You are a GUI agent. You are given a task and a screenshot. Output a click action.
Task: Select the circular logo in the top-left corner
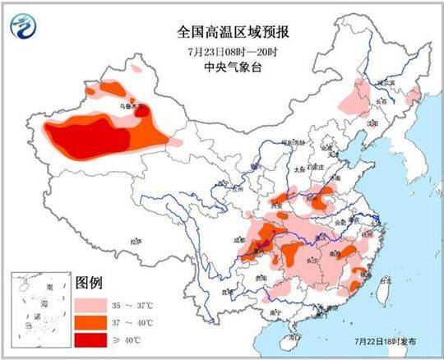coord(24,30)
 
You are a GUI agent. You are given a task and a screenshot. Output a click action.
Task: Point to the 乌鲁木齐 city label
coord(131,106)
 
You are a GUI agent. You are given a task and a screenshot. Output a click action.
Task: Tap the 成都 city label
coord(243,237)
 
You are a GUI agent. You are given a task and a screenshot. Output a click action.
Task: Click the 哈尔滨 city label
coord(386,84)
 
